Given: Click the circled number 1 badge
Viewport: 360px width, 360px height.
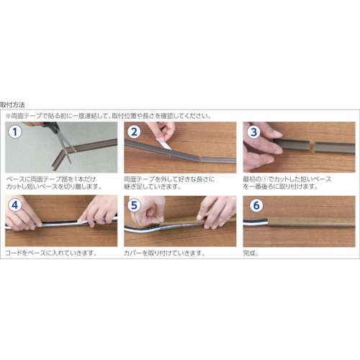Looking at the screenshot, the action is tap(15, 132).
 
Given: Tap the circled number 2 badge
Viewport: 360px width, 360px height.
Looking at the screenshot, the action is tap(134, 132).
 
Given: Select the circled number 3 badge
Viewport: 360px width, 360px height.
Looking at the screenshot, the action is tap(253, 132).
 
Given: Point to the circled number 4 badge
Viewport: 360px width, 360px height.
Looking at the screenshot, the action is tap(15, 205).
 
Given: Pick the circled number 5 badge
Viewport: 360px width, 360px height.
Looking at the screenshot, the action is tap(134, 205).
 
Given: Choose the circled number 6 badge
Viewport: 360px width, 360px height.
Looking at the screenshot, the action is tap(256, 205).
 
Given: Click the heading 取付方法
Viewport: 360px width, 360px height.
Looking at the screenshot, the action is tap(12, 105).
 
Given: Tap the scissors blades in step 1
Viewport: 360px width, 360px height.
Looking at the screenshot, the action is tap(66, 146).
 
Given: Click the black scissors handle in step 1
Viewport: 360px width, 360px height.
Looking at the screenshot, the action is tap(51, 127).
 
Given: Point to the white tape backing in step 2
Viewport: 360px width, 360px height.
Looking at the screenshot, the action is tap(164, 143).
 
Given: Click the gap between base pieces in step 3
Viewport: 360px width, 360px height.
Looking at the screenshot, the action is tap(312, 146).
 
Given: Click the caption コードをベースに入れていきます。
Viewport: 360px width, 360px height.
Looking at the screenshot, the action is tap(51, 253).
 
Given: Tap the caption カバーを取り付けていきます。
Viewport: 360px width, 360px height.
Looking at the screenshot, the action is tap(165, 253).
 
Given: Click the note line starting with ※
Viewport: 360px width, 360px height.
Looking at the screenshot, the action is tap(109, 116).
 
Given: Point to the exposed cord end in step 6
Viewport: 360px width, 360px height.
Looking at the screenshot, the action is tap(256, 222).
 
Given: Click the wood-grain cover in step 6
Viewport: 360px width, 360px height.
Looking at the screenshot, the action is tap(311, 222).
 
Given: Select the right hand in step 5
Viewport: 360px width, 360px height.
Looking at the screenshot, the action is tap(216, 212).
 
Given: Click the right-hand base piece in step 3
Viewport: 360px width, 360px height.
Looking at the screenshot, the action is tap(335, 147).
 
